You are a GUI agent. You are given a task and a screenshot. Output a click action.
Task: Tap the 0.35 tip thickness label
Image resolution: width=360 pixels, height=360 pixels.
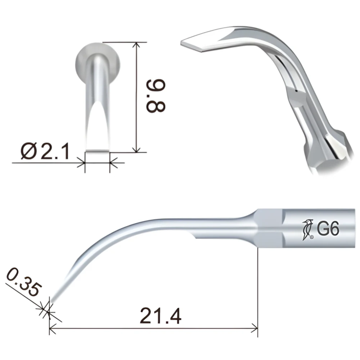[x=24, y=282]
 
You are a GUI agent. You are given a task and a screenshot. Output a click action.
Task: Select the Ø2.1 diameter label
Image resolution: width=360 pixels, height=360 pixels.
[x=45, y=151]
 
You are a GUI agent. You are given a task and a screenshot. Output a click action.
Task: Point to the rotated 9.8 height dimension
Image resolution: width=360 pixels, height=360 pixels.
[x=156, y=96]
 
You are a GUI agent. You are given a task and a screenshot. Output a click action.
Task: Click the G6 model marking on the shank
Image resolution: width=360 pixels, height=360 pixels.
[x=328, y=229]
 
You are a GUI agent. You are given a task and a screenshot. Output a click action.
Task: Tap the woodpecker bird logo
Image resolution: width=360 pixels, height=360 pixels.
[x=307, y=230]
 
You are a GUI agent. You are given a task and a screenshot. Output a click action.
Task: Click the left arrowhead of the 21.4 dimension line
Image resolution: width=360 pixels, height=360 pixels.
[x=53, y=328]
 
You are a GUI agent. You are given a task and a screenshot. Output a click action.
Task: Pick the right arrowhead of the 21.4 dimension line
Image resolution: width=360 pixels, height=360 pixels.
[x=254, y=328]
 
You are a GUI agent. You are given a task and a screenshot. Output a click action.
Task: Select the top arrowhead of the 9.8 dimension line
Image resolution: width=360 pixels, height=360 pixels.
[x=136, y=45]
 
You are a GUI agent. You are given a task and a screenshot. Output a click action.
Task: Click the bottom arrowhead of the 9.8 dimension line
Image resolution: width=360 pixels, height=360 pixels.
[x=136, y=149]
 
